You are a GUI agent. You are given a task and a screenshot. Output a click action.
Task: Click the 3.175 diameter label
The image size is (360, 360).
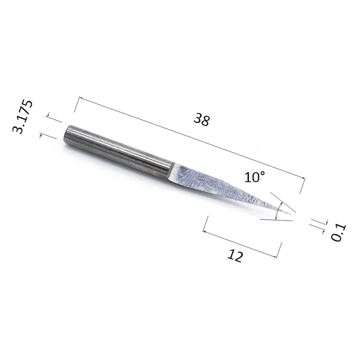coord(22,117)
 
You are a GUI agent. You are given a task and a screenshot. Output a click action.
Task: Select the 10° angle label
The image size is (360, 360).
coord(255,177)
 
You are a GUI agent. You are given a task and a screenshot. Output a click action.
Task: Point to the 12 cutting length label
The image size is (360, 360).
coord(235,256)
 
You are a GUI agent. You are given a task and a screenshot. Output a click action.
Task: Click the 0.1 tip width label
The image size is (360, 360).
coord(338,232)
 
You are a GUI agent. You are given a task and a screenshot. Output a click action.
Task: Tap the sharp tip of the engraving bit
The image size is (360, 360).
coord(291,215)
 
